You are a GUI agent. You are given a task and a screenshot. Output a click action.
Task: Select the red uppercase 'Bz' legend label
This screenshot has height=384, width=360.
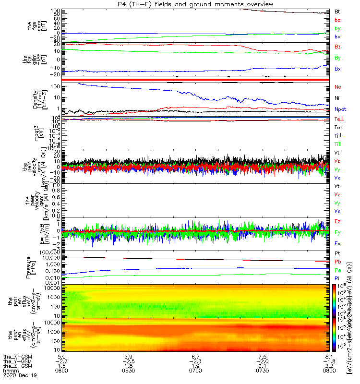337,47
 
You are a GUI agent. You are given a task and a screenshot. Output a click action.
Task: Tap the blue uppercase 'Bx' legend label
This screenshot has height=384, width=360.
337,69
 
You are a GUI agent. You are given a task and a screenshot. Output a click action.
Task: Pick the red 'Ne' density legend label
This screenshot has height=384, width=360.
337,87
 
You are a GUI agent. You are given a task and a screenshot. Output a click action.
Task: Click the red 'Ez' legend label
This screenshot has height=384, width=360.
337,222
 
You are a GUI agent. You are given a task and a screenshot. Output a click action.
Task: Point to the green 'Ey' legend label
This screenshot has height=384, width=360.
337,233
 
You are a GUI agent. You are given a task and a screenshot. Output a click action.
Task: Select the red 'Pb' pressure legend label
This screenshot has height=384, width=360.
337,262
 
